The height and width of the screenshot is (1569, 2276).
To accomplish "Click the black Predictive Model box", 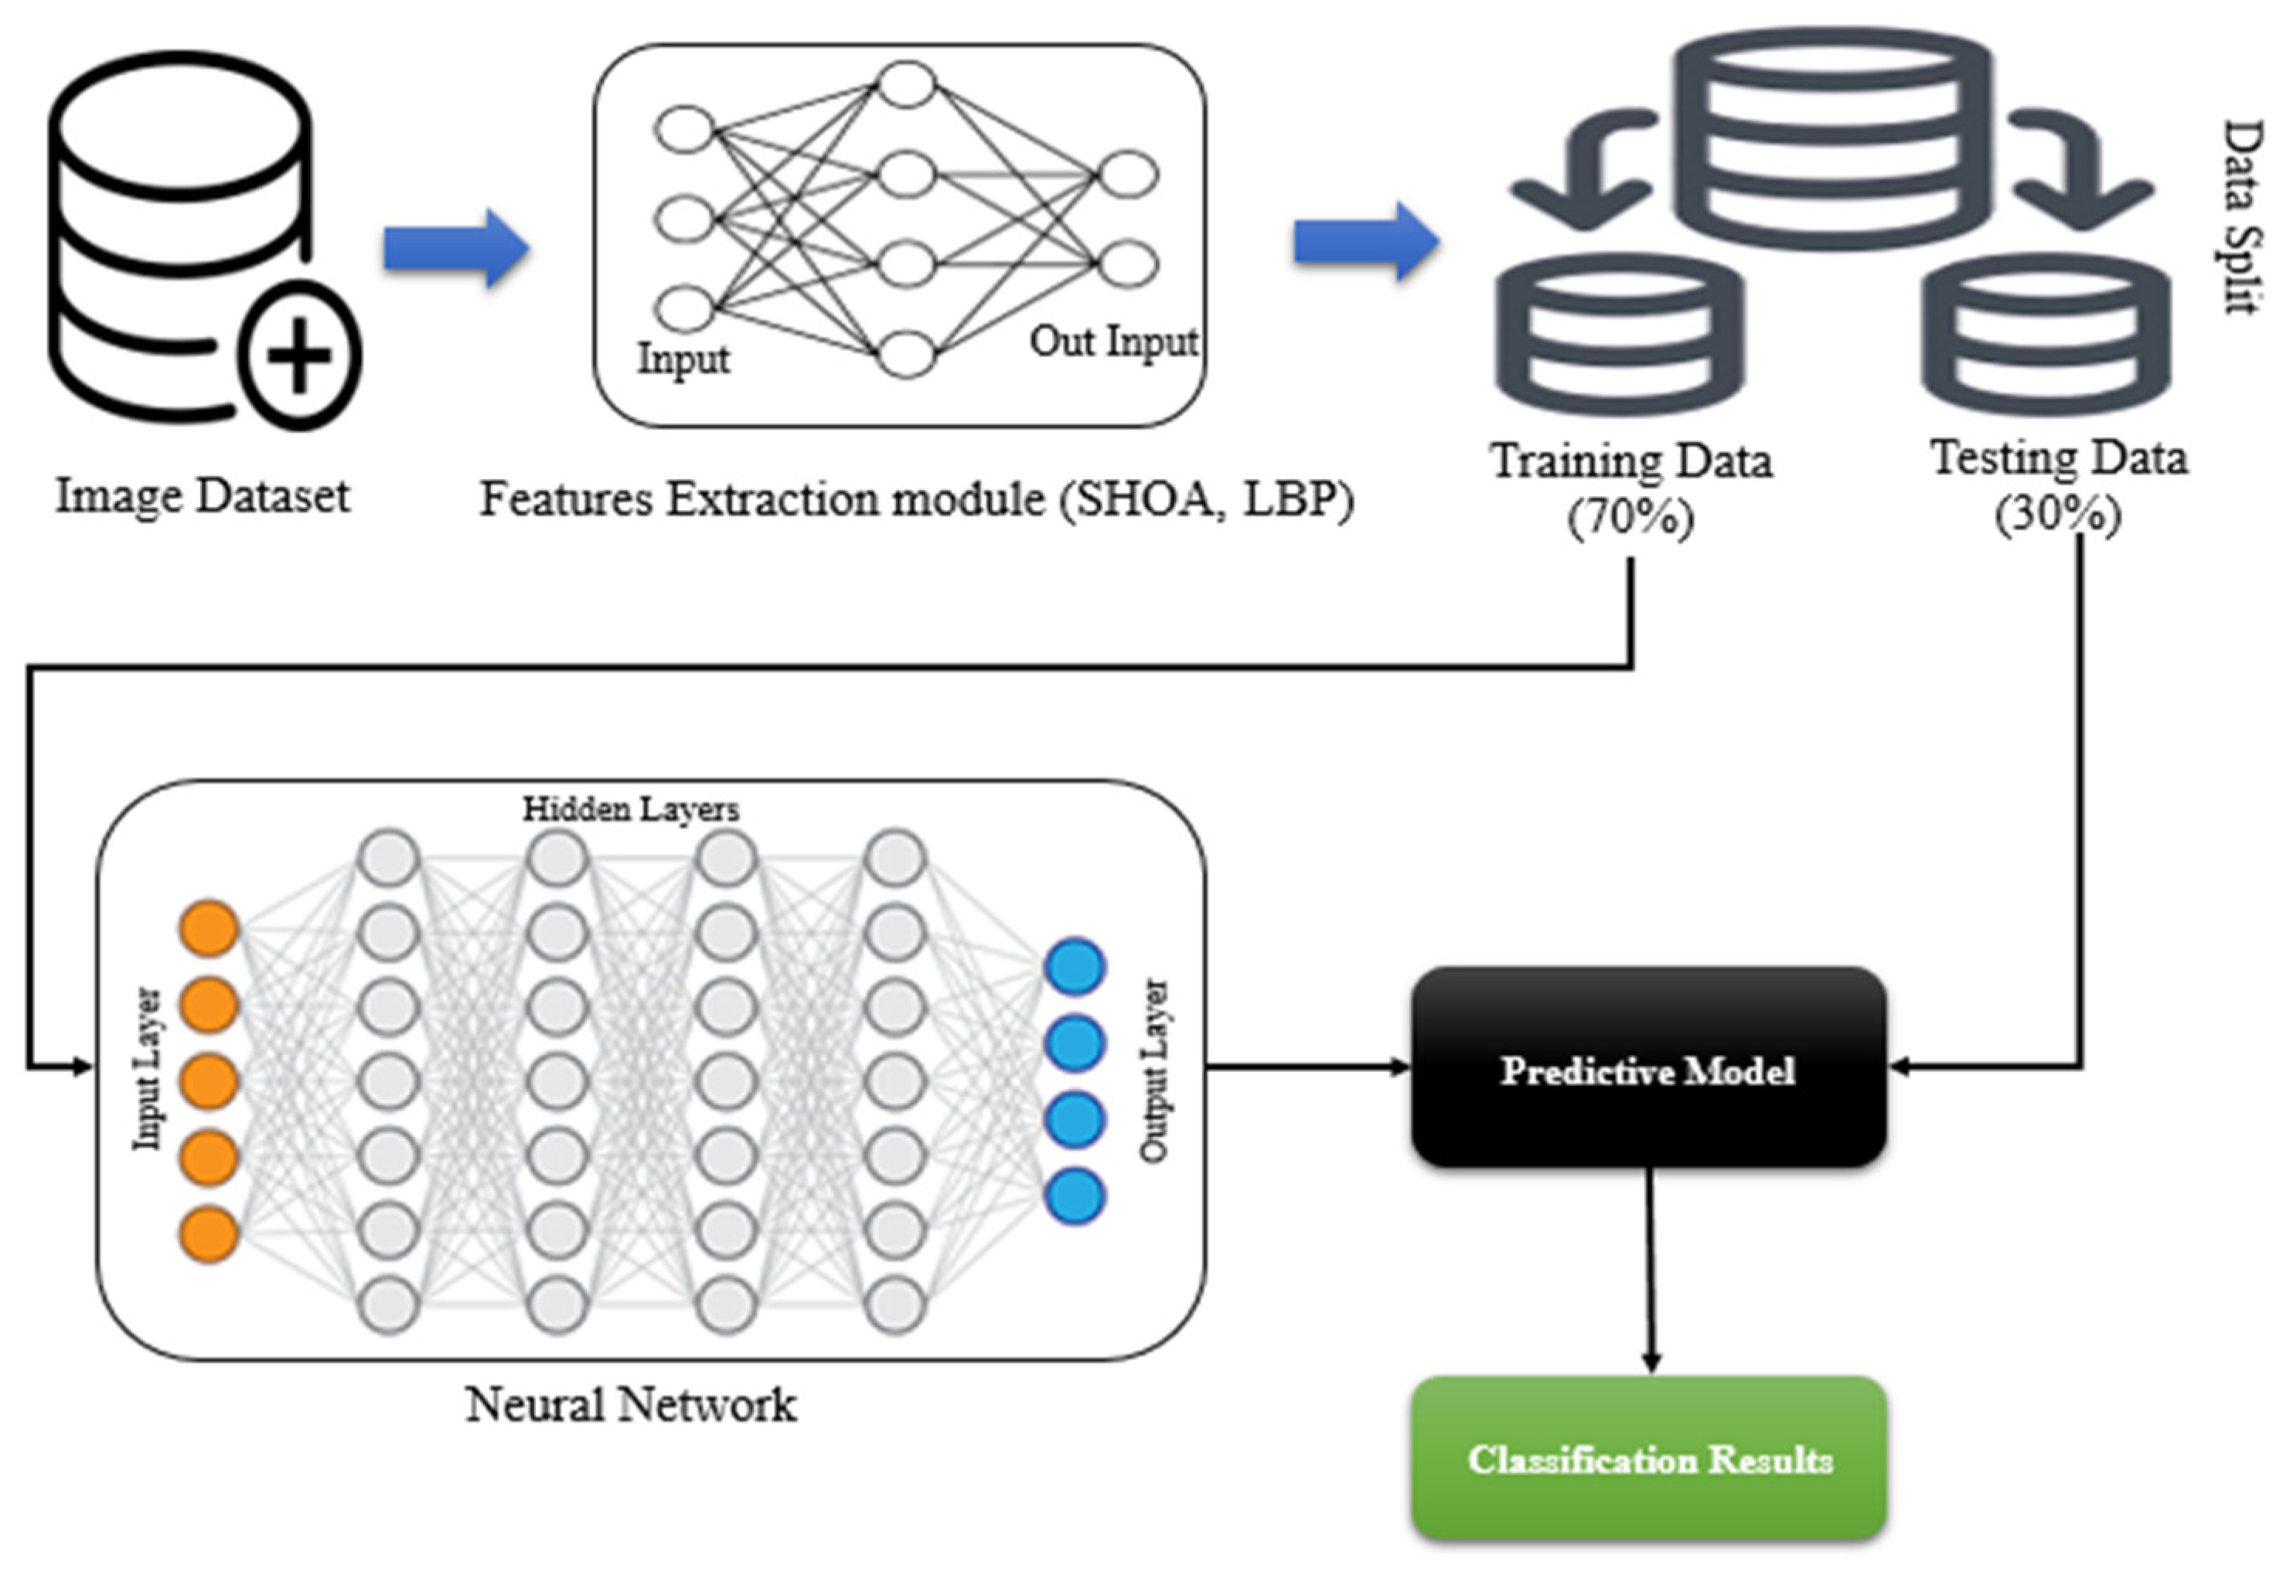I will (1647, 1069).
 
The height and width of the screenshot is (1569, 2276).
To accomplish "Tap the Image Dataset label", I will (202, 495).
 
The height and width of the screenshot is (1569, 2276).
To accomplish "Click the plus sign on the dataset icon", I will (300, 356).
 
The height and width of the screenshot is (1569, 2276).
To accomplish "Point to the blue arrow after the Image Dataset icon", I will (455, 248).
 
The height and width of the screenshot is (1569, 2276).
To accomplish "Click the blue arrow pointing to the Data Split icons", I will (1365, 242).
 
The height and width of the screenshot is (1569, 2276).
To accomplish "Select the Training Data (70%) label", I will (1631, 488).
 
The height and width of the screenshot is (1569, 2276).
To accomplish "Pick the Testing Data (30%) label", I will (2059, 485).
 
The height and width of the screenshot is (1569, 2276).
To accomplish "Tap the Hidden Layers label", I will (630, 809).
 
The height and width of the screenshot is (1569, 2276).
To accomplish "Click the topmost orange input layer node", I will (209, 928).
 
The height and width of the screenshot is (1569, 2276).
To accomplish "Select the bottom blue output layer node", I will (1075, 1196).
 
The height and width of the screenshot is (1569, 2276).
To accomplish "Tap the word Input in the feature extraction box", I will (683, 359).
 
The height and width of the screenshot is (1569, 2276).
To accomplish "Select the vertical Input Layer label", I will (148, 1069).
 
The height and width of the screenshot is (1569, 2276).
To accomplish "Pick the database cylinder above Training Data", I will (1620, 334).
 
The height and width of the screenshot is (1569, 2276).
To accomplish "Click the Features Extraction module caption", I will (916, 499).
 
